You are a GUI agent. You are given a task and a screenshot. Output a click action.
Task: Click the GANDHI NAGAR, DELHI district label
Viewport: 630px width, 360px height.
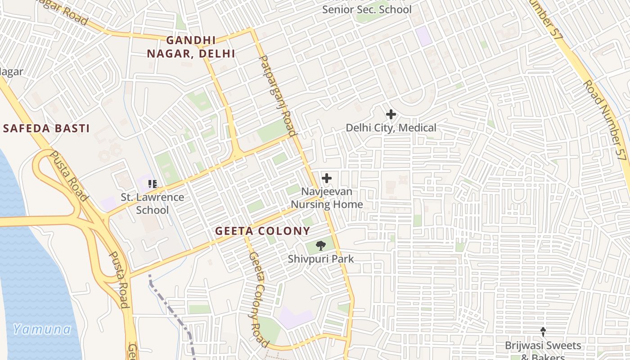click(x=191, y=47)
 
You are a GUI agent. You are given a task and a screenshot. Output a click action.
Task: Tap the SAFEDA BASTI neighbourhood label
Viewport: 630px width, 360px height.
click(x=46, y=128)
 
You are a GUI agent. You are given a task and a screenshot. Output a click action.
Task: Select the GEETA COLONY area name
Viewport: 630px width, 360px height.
click(x=262, y=231)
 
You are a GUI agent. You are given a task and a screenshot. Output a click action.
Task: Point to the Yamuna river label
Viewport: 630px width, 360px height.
click(x=42, y=329)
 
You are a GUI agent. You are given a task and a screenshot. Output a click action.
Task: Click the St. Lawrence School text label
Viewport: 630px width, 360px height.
click(x=152, y=203)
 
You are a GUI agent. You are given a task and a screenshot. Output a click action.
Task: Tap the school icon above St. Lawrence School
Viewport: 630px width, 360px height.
click(x=153, y=184)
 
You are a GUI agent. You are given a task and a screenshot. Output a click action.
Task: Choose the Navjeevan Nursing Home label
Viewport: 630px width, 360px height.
click(x=327, y=198)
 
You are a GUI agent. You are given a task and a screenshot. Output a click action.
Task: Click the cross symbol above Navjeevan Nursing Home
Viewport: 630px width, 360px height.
click(x=327, y=178)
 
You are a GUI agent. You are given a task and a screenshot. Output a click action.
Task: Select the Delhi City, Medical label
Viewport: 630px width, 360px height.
click(x=391, y=128)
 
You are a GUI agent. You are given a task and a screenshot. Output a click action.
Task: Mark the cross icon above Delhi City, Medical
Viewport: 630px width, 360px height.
click(x=391, y=114)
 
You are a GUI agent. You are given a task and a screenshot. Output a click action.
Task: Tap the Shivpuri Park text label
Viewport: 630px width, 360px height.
click(x=321, y=259)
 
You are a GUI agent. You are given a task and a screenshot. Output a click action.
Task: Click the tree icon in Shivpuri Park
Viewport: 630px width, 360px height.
click(x=321, y=245)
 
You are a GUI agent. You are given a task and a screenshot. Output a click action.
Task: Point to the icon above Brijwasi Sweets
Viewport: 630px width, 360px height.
click(x=543, y=332)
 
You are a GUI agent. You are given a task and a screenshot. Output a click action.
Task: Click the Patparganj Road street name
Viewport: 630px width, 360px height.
click(x=278, y=95)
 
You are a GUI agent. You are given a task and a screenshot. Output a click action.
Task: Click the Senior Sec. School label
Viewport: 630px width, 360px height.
click(x=367, y=9)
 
